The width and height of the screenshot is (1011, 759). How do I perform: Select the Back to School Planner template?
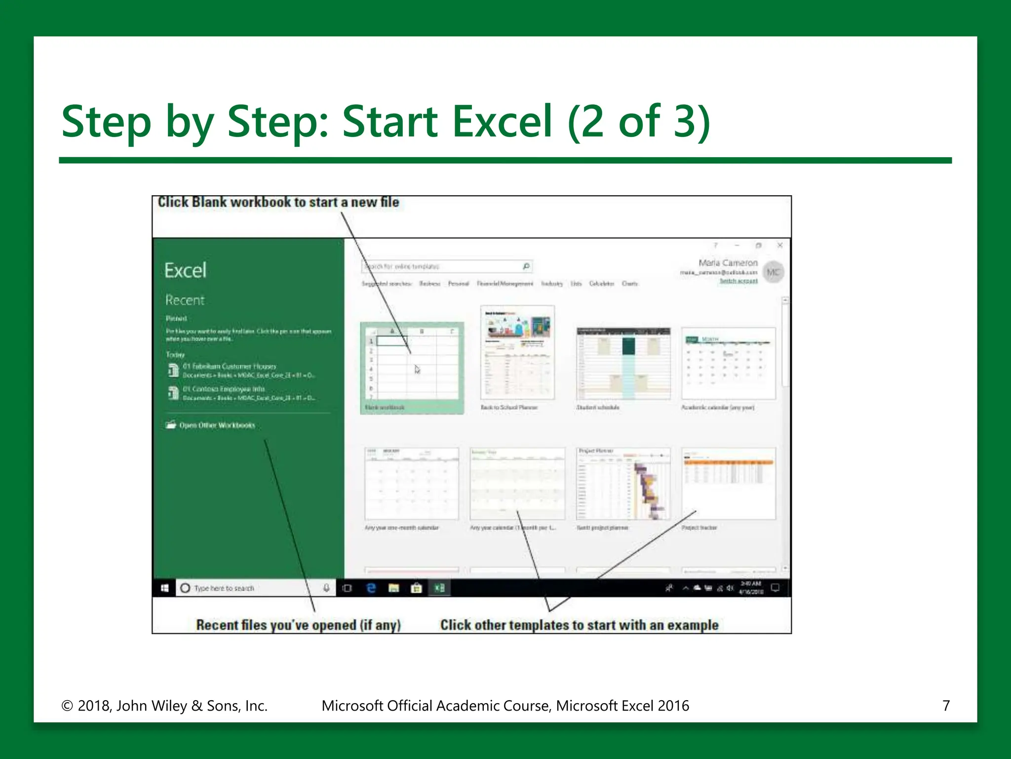pyautogui.click(x=517, y=352)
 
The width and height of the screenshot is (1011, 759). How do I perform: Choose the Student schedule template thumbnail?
pyautogui.click(x=623, y=363)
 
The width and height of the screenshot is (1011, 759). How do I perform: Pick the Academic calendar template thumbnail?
pyautogui.click(x=728, y=363)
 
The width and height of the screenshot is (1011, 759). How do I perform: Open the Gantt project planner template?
pyautogui.click(x=623, y=483)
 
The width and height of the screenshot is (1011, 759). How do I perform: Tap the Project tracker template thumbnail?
pyautogui.click(x=728, y=483)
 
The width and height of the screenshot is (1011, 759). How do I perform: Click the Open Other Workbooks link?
pyautogui.click(x=217, y=425)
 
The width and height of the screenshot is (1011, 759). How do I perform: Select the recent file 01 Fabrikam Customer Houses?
pyautogui.click(x=229, y=367)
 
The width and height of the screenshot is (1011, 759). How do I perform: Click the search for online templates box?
pyautogui.click(x=442, y=266)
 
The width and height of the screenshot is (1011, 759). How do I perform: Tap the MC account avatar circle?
pyautogui.click(x=773, y=272)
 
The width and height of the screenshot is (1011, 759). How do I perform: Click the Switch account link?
pyautogui.click(x=739, y=281)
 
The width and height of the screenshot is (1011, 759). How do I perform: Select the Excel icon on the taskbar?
pyautogui.click(x=439, y=588)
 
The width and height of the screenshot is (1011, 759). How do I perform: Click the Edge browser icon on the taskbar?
pyautogui.click(x=371, y=588)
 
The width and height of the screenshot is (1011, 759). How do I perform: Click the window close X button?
pyautogui.click(x=780, y=245)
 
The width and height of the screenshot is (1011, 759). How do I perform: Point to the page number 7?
pyautogui.click(x=946, y=706)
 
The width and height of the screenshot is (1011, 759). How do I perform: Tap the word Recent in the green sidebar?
pyautogui.click(x=185, y=300)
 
